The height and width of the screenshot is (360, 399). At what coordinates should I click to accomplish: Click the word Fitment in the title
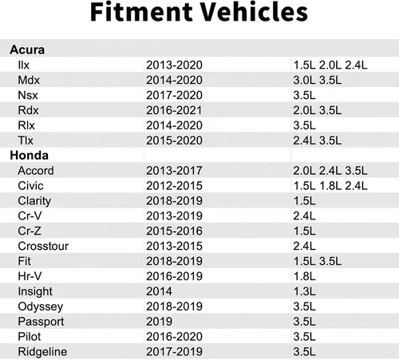(141, 12)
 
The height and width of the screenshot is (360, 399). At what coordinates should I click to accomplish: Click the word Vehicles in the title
(254, 12)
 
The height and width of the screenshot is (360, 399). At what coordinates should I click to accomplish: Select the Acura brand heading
(27, 49)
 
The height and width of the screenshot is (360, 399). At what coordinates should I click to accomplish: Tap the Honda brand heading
(29, 156)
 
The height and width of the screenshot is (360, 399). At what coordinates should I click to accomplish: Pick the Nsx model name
(28, 95)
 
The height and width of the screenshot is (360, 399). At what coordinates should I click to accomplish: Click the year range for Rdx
(174, 110)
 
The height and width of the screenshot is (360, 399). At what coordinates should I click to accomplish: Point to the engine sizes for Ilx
(330, 65)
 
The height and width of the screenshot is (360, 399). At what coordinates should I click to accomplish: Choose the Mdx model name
(29, 80)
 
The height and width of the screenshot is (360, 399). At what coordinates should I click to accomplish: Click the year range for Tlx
(174, 140)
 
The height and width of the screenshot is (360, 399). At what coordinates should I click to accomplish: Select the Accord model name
(36, 171)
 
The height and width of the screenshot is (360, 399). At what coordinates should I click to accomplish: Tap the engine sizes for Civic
(330, 186)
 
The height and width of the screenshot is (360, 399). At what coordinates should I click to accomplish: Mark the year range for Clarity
(174, 201)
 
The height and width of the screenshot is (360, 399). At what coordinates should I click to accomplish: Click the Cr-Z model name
(30, 231)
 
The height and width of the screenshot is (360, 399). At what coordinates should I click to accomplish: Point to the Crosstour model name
(43, 246)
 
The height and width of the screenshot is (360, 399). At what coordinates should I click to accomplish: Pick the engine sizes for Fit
(318, 261)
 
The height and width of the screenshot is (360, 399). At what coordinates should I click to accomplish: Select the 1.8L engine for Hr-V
(304, 276)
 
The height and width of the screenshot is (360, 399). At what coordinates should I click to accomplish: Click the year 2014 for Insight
(159, 291)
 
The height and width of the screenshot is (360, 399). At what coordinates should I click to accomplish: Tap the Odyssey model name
(41, 307)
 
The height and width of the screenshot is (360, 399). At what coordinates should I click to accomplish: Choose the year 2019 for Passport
(159, 322)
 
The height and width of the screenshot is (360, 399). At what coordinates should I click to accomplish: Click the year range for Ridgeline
(174, 352)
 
